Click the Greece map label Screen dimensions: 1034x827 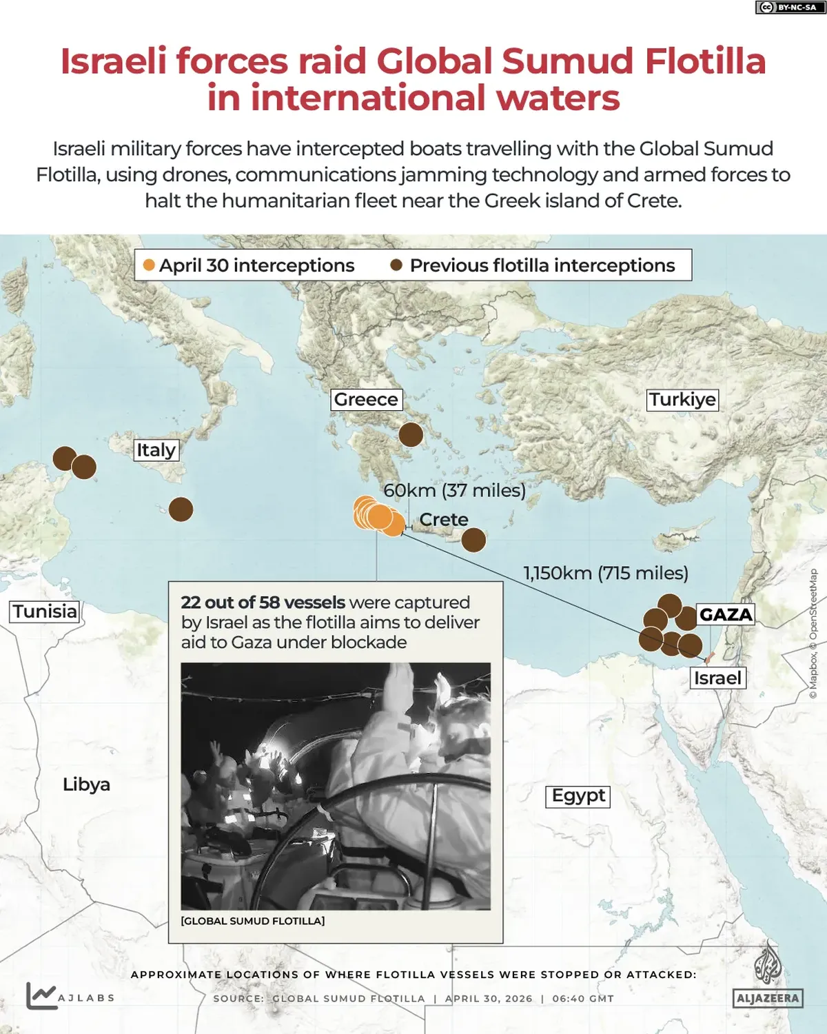(x=366, y=400)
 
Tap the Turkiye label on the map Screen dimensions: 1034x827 (x=682, y=400)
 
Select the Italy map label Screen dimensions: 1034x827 (x=156, y=450)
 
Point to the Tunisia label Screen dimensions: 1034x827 (x=45, y=611)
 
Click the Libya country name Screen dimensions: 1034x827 (x=86, y=784)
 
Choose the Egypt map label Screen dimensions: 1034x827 (x=578, y=796)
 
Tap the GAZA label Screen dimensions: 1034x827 (x=726, y=614)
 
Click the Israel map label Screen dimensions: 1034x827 (x=717, y=678)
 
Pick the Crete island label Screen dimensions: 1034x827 (x=444, y=520)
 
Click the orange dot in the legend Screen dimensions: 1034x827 (x=149, y=265)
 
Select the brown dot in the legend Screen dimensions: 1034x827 (x=396, y=265)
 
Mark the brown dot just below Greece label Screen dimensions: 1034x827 (x=411, y=435)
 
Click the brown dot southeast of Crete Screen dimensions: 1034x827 (x=473, y=540)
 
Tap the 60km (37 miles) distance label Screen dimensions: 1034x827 (x=454, y=491)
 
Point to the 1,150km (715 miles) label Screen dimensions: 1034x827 (x=606, y=574)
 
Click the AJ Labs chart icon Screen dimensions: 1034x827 (x=41, y=995)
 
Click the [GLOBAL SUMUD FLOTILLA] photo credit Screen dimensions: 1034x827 (x=252, y=921)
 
